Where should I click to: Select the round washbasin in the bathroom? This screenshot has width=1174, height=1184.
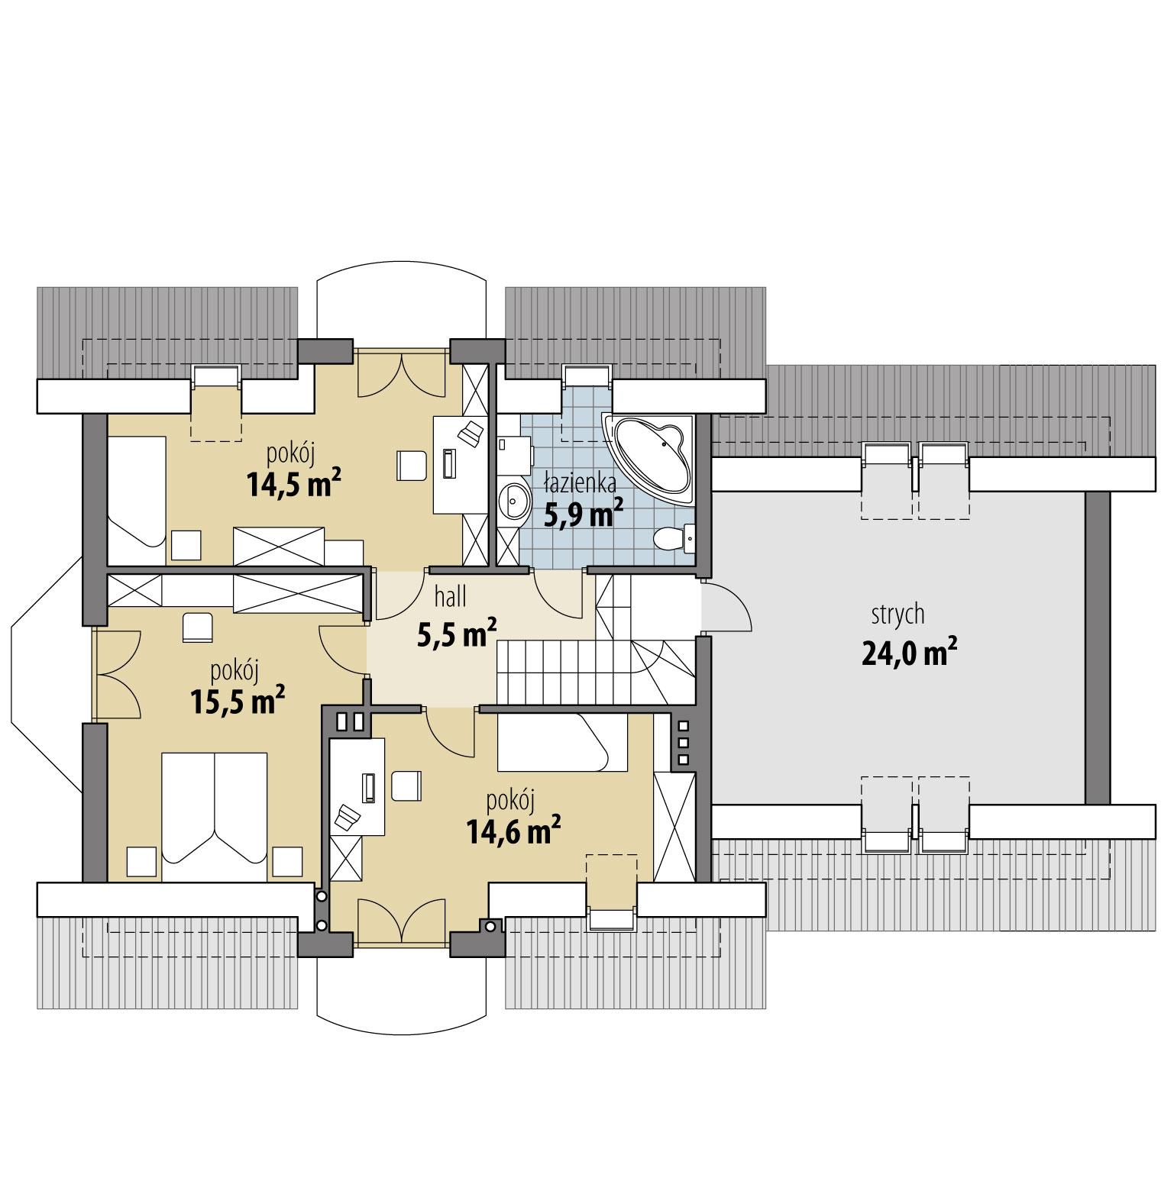515,502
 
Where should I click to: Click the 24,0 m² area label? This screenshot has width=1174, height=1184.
909,653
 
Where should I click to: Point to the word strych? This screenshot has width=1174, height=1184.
897,614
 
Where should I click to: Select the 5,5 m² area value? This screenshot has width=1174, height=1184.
457,633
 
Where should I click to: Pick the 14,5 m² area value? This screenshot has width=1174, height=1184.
293,484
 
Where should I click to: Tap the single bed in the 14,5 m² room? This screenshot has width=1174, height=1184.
136,492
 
